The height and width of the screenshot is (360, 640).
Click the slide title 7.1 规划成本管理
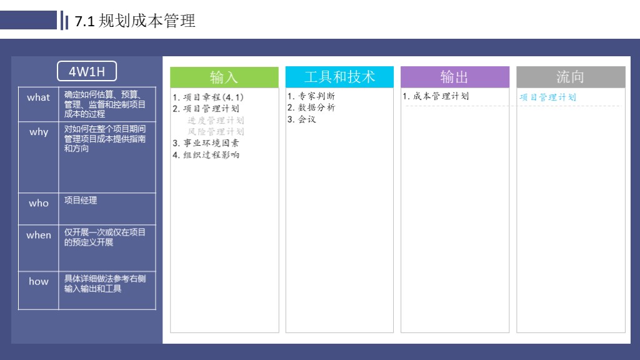(x=135, y=21)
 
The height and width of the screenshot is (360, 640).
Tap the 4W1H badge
(x=87, y=71)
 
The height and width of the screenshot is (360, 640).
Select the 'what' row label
(x=38, y=97)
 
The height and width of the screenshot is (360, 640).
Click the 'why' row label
(x=38, y=132)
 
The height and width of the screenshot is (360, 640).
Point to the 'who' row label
(x=38, y=203)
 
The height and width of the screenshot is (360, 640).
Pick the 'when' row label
(x=38, y=235)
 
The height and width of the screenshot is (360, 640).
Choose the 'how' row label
(x=38, y=281)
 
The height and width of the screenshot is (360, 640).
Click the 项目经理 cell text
(x=81, y=201)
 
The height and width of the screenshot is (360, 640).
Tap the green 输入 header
(x=224, y=77)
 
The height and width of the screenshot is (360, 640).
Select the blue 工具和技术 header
(x=339, y=77)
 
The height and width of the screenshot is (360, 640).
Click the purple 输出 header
(x=454, y=77)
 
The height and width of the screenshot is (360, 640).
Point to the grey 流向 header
(x=570, y=77)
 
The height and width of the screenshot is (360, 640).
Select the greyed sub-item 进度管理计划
(x=216, y=120)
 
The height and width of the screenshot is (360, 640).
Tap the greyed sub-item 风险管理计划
(x=216, y=131)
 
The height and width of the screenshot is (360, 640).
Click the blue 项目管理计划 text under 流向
(x=547, y=97)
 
